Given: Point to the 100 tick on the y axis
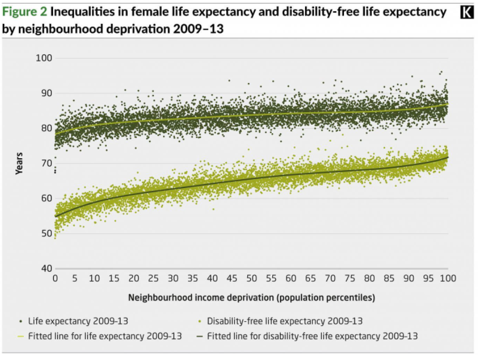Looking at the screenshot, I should coord(45,58).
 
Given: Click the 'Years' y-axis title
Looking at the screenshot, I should coord(20,164).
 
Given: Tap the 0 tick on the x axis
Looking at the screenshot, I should coord(55,279).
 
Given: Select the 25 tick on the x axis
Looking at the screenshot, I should coord(153,279).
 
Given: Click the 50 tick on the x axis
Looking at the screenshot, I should coord(251,279).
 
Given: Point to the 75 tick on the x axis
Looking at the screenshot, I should coord(350,279).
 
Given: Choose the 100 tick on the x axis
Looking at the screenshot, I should coord(448,279).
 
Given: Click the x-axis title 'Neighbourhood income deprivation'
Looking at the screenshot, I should coord(251,296).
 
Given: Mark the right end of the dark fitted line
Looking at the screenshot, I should coord(448,157).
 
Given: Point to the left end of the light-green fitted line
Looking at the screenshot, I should coord(56,133).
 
